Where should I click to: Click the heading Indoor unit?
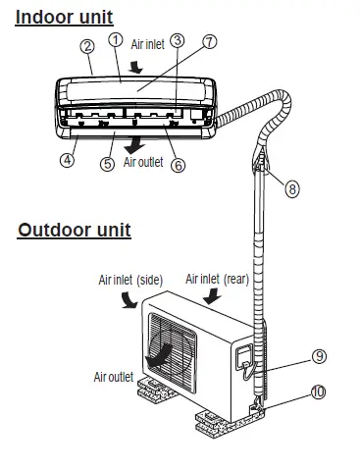click(x=64, y=17)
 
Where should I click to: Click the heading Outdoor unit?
click(x=75, y=231)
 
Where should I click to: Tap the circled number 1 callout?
click(x=116, y=40)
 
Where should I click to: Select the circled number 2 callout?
click(x=87, y=45)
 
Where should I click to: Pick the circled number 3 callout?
click(x=177, y=40)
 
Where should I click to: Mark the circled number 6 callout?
click(x=178, y=166)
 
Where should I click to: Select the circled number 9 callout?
click(x=291, y=355)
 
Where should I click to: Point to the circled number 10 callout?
click(x=291, y=392)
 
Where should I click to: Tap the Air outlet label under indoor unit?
click(x=142, y=163)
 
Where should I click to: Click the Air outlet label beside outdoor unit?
click(x=114, y=376)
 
